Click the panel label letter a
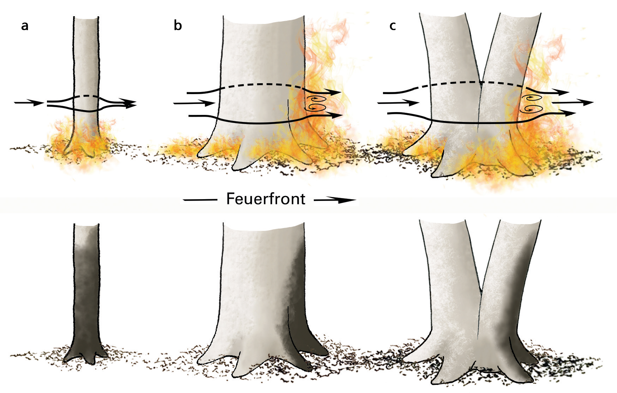tap(24, 26)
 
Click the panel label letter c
tap(393, 26)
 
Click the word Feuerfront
tap(265, 199)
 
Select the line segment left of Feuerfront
tap(200, 200)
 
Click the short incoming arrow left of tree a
tap(29, 103)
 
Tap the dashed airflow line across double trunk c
tap(469, 83)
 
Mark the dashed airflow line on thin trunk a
tap(85, 96)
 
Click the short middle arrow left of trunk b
tap(194, 103)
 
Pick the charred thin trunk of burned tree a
tap(86, 300)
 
